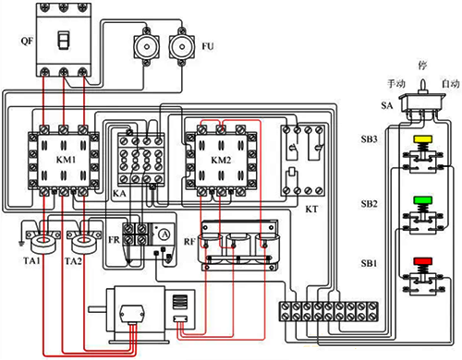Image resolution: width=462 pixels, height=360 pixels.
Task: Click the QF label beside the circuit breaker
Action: [27, 41]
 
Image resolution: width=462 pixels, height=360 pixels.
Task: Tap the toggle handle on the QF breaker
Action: [64, 40]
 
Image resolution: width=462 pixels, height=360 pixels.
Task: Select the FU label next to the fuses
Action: [208, 46]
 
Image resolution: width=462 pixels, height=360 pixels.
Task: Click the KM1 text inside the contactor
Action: [66, 160]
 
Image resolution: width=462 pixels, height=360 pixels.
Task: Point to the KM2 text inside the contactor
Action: [221, 160]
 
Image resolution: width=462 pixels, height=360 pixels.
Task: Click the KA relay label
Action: [119, 194]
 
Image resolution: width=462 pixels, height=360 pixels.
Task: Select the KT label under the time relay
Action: [311, 210]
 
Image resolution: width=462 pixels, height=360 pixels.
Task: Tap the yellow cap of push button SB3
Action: [423, 139]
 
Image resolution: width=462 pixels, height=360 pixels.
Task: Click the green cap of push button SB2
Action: [423, 200]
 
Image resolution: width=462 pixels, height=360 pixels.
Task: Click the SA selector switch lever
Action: [423, 85]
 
